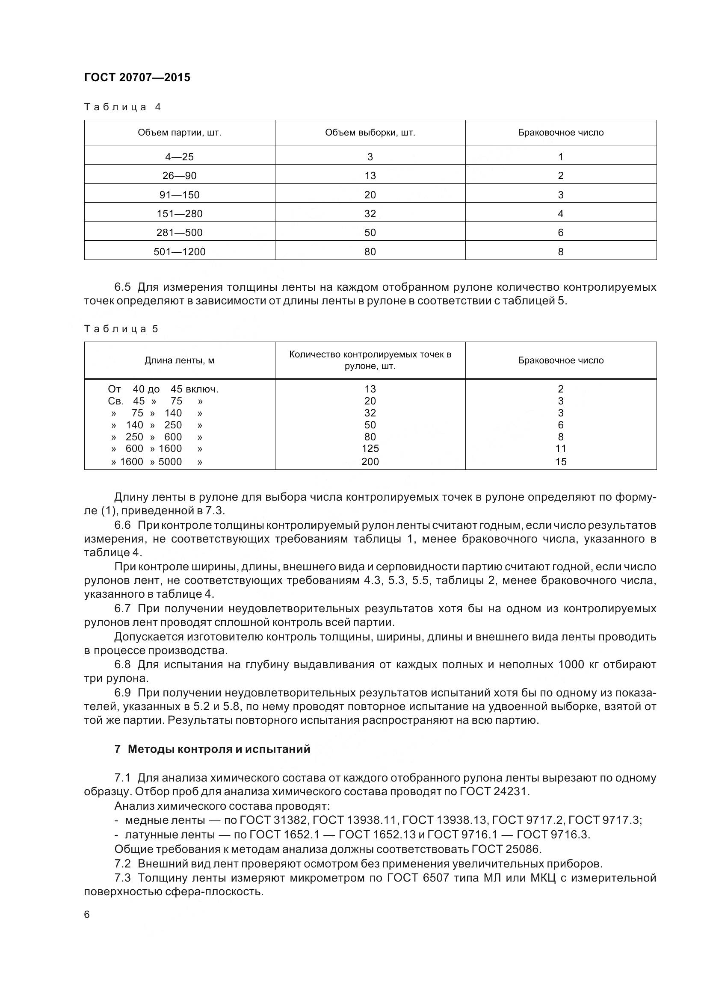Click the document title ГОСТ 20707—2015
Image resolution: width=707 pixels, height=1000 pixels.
(x=137, y=77)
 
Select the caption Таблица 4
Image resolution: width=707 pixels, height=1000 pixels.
(x=122, y=107)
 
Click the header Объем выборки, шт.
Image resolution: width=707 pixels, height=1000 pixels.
(x=370, y=133)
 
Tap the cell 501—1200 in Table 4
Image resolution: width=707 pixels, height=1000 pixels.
(x=180, y=252)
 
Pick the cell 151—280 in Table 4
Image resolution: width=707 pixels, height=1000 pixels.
(x=180, y=214)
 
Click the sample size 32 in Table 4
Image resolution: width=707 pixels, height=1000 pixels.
(x=370, y=214)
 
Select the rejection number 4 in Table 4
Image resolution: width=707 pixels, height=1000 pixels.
(x=561, y=214)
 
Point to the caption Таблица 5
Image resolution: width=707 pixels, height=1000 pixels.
(x=121, y=329)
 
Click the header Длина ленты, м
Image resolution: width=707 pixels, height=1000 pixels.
(x=180, y=361)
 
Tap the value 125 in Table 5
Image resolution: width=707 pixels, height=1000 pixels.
(x=370, y=448)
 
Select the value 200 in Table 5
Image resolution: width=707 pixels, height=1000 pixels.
(x=370, y=462)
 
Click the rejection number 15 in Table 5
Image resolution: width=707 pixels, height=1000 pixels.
(x=561, y=462)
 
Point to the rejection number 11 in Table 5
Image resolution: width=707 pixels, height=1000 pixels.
(x=561, y=448)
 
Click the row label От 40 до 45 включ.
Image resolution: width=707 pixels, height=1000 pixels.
(x=163, y=389)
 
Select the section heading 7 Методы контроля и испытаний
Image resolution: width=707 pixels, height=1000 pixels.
(x=212, y=749)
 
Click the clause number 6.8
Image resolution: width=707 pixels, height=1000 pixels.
(x=122, y=665)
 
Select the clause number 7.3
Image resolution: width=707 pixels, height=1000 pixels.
(x=122, y=878)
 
